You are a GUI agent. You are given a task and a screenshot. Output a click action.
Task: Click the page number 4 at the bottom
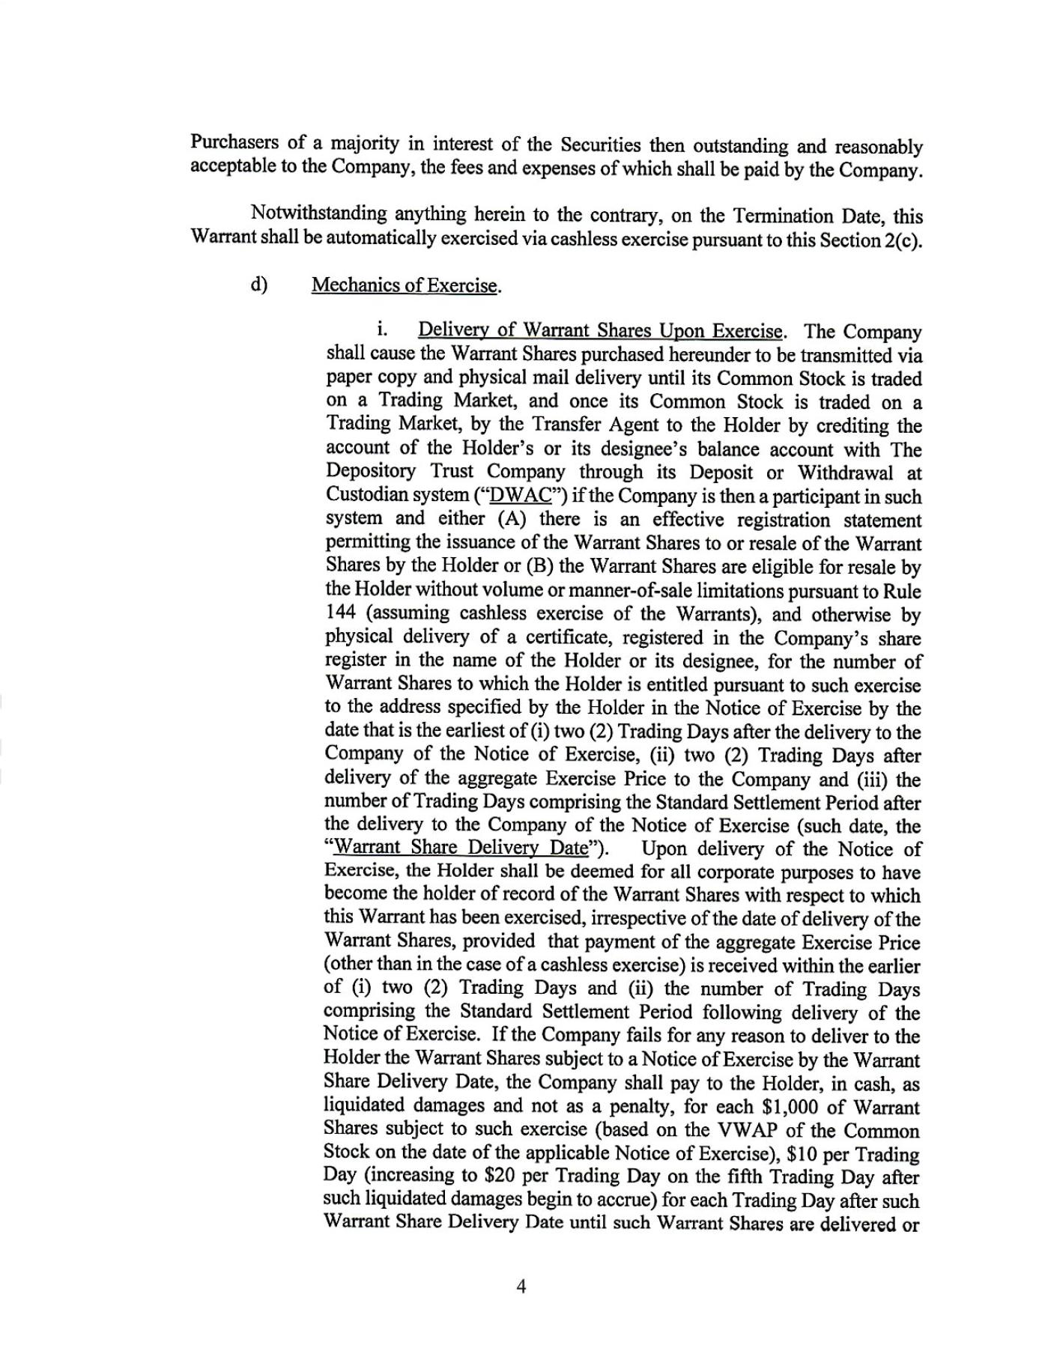521,1287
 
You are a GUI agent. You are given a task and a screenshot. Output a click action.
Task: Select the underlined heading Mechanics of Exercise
405,285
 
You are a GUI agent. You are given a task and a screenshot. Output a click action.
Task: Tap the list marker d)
259,285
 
